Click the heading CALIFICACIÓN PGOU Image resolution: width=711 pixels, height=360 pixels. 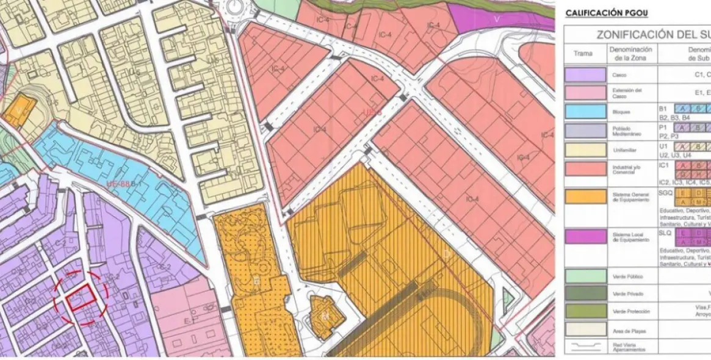[x=606, y=13]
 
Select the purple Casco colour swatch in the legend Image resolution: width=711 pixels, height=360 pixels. [x=585, y=75]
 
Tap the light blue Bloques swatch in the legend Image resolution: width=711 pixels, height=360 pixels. [x=585, y=112]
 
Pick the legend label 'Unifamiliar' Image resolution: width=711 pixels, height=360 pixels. [x=623, y=149]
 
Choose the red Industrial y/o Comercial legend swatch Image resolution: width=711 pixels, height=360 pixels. [x=585, y=168]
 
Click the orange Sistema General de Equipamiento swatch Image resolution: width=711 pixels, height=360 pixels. [x=585, y=196]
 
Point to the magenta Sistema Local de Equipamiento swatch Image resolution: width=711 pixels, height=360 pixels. [x=585, y=237]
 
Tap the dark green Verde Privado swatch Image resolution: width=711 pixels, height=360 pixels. [x=585, y=293]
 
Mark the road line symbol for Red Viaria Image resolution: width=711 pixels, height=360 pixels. [x=585, y=347]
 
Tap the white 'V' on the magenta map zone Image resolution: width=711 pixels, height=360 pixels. [x=496, y=18]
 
